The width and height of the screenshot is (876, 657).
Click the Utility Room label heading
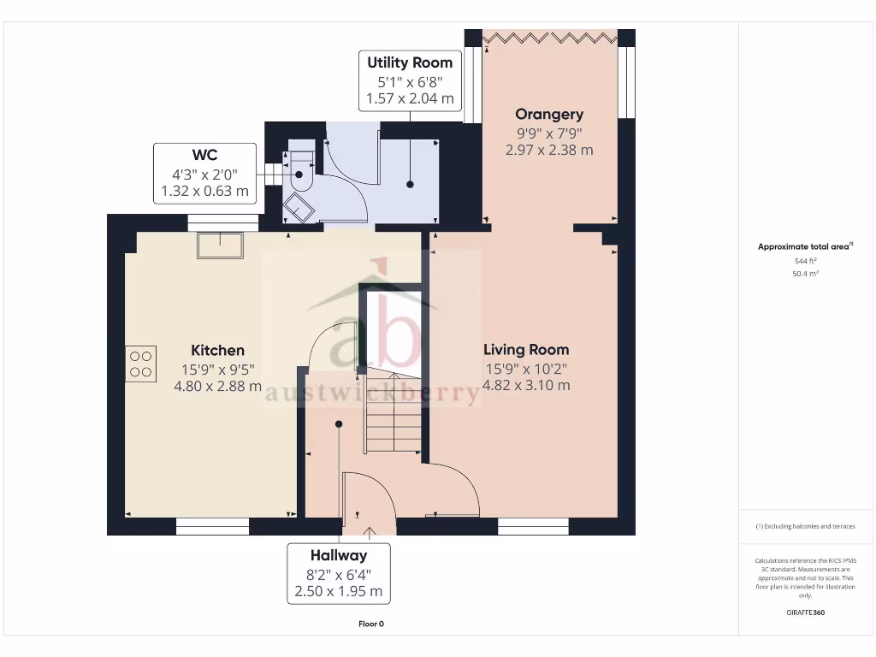tap(410, 62)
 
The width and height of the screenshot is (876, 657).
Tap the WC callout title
tap(204, 155)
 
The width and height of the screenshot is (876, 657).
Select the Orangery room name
tap(549, 114)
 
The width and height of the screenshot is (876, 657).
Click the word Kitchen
tap(217, 350)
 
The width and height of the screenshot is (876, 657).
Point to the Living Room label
tap(526, 349)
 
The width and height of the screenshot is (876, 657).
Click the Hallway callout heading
tap(339, 555)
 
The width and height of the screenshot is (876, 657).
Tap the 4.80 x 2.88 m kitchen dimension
tap(217, 386)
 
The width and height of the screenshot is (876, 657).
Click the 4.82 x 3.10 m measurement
tap(526, 385)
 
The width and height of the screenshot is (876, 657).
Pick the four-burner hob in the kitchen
tap(141, 363)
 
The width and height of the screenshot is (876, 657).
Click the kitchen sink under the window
tap(220, 246)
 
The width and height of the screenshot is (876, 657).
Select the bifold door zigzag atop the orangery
tap(550, 37)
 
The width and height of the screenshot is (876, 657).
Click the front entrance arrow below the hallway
tap(369, 534)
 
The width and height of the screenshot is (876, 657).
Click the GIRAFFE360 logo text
tap(805, 613)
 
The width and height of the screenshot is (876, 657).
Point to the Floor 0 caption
tap(371, 624)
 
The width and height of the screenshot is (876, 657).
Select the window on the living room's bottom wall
tap(533, 526)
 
